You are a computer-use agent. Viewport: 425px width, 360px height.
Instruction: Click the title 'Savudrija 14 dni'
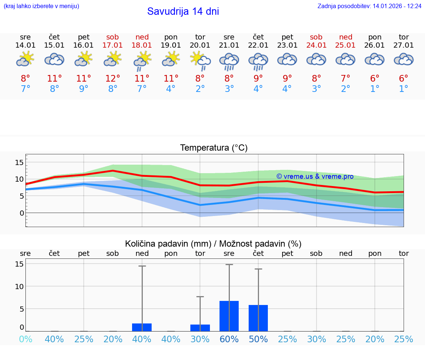click(183, 11)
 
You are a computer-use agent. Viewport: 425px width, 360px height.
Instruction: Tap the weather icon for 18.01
click(142, 61)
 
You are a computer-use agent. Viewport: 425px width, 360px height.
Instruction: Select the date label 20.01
click(200, 45)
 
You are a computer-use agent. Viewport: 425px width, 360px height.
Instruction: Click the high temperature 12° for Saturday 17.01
click(113, 79)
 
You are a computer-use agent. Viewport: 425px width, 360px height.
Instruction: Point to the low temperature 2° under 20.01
click(200, 89)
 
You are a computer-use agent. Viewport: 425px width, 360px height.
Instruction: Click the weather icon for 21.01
click(229, 61)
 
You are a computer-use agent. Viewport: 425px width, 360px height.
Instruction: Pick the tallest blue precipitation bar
click(229, 316)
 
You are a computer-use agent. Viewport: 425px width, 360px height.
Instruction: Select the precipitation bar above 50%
click(258, 318)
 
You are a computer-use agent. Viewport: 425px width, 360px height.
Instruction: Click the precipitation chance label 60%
click(229, 339)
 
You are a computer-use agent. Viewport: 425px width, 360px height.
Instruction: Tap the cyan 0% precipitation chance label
click(25, 339)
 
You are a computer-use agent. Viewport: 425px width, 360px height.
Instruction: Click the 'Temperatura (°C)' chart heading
click(214, 148)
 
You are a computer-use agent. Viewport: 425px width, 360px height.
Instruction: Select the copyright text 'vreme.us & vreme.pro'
click(315, 176)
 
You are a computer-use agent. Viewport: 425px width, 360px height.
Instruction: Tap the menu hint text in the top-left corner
click(41, 6)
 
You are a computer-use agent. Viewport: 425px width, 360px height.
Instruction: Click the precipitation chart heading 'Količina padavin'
click(213, 244)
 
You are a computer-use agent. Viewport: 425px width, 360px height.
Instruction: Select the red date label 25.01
click(346, 45)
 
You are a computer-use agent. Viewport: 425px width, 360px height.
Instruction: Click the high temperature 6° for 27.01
click(404, 79)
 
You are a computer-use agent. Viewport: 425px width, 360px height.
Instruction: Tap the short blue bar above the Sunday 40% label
click(142, 327)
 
